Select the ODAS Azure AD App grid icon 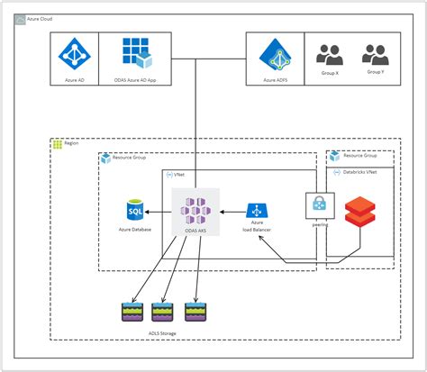pos(137,56)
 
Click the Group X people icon pos(330,55)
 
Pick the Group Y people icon pos(374,55)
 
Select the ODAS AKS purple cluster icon pos(196,212)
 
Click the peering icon pos(320,204)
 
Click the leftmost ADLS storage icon pos(132,313)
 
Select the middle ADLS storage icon pos(163,313)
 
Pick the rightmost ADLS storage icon pos(195,313)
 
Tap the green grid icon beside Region pos(59,144)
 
